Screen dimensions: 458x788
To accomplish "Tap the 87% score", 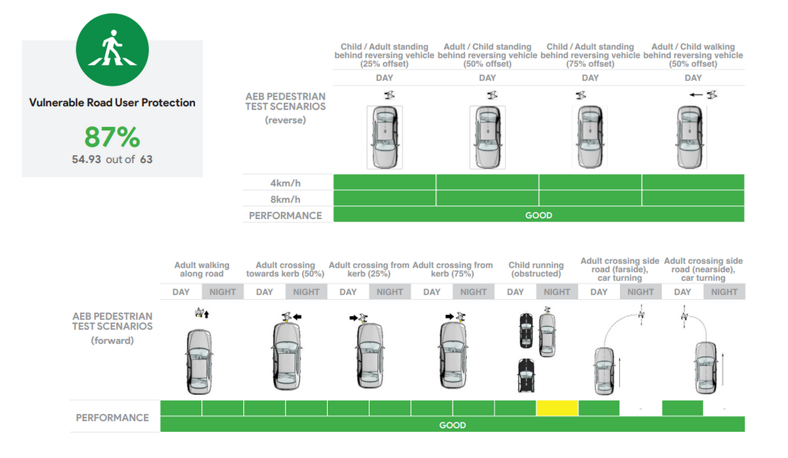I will point(112,137).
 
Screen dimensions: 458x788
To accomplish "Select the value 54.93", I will point(86,159).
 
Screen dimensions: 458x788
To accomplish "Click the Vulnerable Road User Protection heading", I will point(112,103).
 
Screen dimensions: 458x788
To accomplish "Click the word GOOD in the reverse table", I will point(538,215).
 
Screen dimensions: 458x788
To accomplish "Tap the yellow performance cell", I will point(557,408).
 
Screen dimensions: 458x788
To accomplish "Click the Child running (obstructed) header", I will point(536,269).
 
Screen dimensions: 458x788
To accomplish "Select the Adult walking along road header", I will point(202,269).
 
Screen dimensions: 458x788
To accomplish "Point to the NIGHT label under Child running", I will point(557,292).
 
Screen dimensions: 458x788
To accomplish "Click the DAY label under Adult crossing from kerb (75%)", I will point(431,292).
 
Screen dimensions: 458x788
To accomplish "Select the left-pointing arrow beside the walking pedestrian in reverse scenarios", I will point(695,95).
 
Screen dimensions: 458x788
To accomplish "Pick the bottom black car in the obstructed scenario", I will point(525,375).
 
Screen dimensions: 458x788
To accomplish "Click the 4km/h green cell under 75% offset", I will point(590,182).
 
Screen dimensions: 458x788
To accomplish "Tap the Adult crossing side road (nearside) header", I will point(703,269).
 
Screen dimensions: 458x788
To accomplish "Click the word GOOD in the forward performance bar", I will point(452,425).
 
